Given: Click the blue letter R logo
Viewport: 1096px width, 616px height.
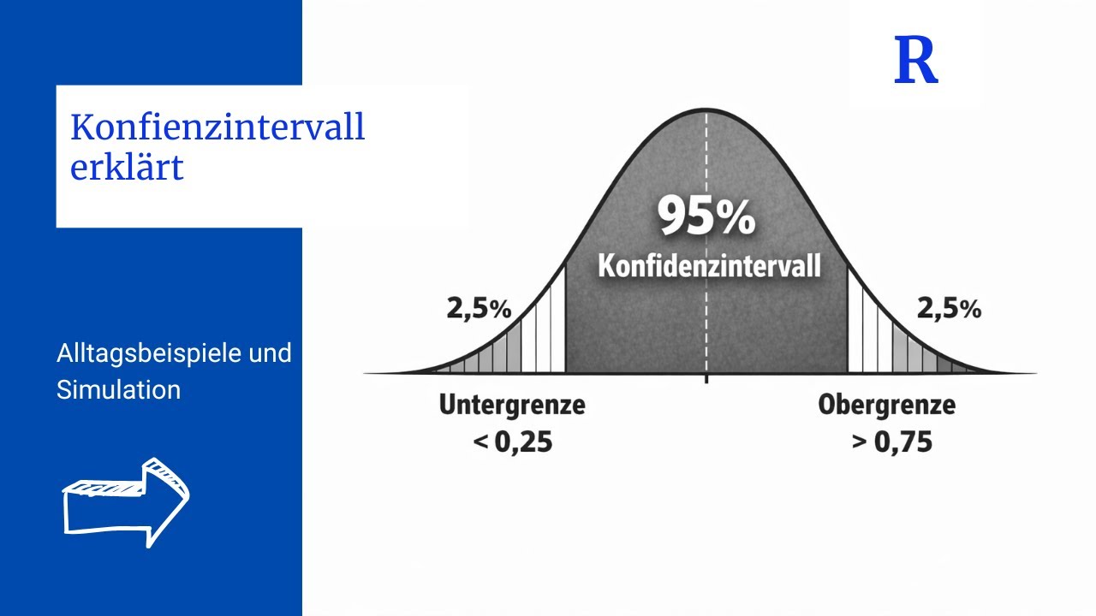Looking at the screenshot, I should (x=915, y=61).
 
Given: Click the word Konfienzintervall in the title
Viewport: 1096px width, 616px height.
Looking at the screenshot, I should (x=217, y=127).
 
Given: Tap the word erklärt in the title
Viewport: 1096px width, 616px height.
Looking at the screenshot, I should (x=127, y=168).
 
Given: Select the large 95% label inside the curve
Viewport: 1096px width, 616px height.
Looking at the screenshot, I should (x=706, y=216).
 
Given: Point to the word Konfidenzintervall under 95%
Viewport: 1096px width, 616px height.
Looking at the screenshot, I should (x=709, y=265).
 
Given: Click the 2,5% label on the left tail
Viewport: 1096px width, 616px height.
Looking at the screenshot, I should (x=479, y=309).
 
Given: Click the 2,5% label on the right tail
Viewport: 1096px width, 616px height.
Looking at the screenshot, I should (x=949, y=309).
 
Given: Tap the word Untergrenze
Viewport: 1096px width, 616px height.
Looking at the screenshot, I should (x=512, y=405).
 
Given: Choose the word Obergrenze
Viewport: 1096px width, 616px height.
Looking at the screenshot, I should (x=886, y=405).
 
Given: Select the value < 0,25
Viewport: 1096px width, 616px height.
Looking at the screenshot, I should (x=512, y=442).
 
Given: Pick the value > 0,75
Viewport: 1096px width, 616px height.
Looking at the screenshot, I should (x=890, y=442).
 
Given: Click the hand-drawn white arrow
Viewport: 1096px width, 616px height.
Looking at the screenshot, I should (x=126, y=501).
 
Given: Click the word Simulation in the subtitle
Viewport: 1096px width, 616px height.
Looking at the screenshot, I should (x=118, y=390).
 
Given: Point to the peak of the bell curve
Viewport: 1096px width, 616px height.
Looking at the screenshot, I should (x=706, y=110).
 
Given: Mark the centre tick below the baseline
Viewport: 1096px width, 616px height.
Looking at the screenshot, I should (x=706, y=378).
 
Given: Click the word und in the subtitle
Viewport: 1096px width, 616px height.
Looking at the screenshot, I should (x=271, y=352).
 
